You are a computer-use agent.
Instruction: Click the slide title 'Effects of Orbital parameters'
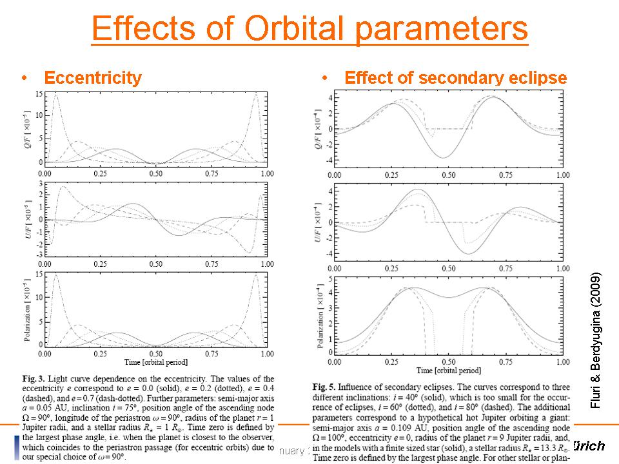tap(309, 28)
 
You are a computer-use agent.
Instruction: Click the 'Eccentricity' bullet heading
tap(92, 78)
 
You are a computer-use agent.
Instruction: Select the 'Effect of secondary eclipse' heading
tap(455, 78)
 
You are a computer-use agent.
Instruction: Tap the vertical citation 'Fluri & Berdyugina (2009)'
tap(596, 338)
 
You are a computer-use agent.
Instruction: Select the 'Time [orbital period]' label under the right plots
tap(448, 371)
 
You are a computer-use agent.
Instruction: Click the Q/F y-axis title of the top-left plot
tap(29, 128)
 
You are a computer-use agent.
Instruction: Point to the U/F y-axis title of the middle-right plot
tap(320, 222)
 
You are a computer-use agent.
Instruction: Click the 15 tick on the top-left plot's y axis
tap(39, 94)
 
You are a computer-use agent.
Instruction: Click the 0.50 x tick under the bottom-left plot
tap(155, 354)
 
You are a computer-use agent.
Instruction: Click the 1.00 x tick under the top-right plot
tap(562, 175)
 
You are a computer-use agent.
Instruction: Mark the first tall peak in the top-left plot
tap(55, 95)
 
